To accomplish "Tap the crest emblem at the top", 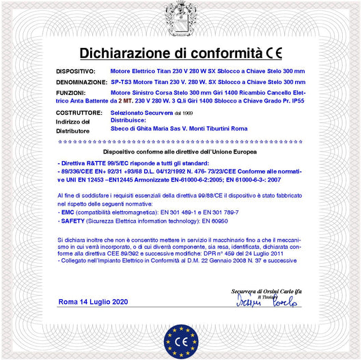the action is [180, 16].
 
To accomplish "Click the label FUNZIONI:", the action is [70, 92].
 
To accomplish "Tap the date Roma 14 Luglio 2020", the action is [93, 301].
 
